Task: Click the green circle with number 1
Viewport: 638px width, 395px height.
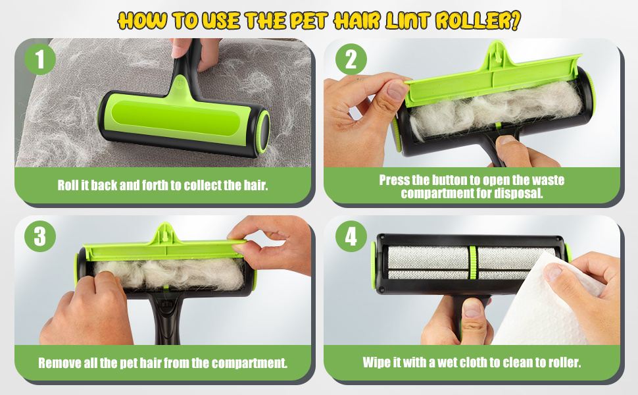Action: [x=40, y=59]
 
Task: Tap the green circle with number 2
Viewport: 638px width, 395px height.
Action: [x=351, y=59]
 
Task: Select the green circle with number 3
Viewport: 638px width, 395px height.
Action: [x=40, y=236]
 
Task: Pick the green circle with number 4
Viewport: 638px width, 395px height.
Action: [x=351, y=236]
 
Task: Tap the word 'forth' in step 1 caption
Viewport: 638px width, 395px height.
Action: [x=155, y=185]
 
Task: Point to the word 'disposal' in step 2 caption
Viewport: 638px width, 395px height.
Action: [x=518, y=193]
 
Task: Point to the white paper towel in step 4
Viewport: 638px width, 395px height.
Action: [x=541, y=302]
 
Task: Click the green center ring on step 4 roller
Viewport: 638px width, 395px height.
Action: [x=473, y=263]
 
